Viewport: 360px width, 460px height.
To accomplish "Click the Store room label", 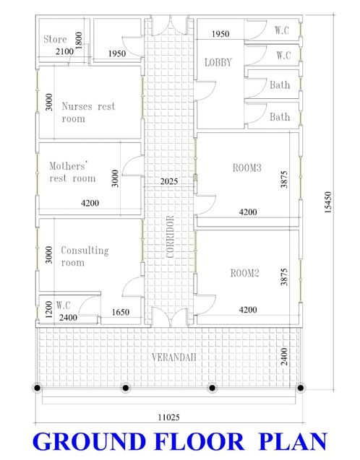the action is [55, 39].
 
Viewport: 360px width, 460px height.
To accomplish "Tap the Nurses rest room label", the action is [88, 112].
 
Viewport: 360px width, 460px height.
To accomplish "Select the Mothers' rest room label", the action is [72, 172].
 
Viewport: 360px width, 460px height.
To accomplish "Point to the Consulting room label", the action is [85, 256].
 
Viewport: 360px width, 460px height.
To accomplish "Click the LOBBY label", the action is [218, 62].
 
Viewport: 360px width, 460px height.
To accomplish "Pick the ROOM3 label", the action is [247, 168].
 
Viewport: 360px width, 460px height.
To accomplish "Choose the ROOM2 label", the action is [244, 273].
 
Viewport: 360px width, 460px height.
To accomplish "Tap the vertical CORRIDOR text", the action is [170, 237].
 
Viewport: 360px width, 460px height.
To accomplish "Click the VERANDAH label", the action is [173, 357].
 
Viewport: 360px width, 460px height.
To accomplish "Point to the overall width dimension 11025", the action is [169, 417].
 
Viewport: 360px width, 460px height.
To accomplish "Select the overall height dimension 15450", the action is [328, 202].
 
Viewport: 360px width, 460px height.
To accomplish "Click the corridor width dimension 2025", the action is [169, 181].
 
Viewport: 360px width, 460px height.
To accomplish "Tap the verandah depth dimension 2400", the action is [284, 357].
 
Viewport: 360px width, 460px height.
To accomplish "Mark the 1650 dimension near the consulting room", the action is [121, 312].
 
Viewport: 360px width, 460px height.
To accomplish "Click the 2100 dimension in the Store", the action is [64, 52].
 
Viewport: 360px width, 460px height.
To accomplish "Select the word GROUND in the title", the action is [89, 441].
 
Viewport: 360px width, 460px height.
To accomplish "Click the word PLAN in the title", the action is [293, 441].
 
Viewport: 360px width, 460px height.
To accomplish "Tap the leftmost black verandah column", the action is [37, 388].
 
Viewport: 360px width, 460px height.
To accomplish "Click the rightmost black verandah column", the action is [300, 388].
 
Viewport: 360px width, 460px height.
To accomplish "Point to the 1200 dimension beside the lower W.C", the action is [49, 310].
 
